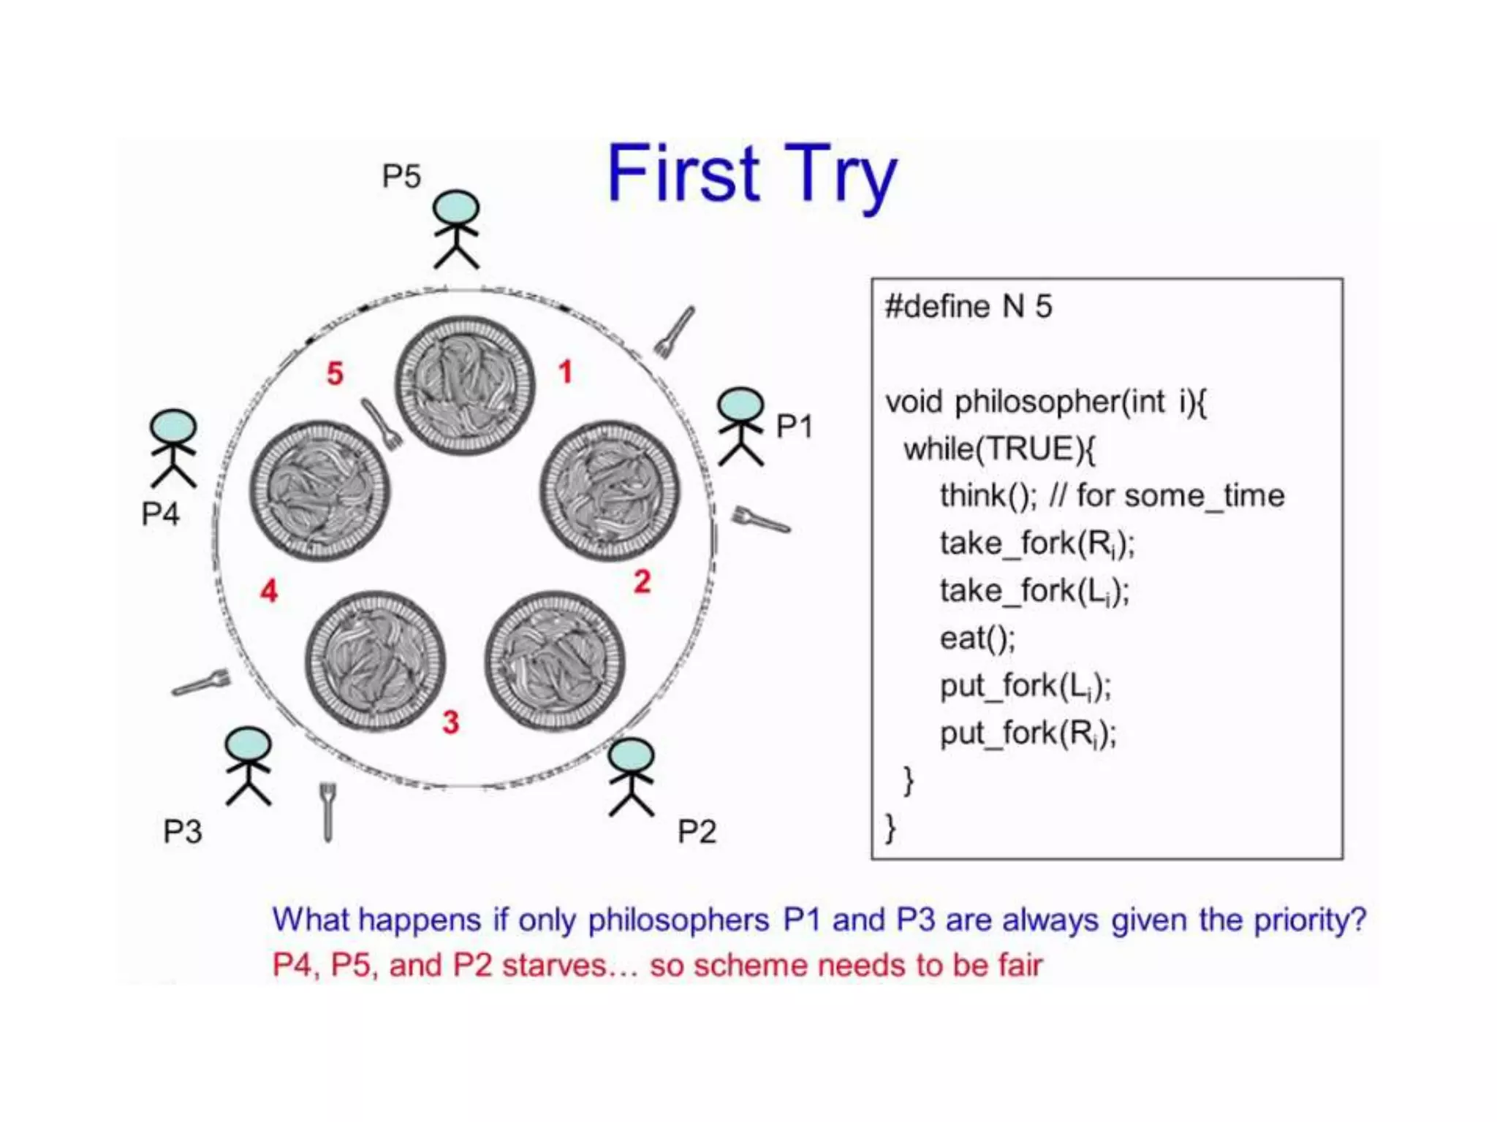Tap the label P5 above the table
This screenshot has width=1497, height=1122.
pos(401,176)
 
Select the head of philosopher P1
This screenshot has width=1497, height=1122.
pos(740,404)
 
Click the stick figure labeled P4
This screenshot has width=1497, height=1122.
pos(173,449)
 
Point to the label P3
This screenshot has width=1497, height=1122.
pos(182,831)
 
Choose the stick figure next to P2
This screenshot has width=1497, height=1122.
pos(632,777)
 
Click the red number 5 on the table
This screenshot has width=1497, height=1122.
pos(335,373)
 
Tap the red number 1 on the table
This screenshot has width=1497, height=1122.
pos(565,372)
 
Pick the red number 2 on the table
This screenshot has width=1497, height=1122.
pos(642,581)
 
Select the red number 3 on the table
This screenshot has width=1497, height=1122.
pos(451,722)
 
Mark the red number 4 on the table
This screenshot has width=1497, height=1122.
pos(269,590)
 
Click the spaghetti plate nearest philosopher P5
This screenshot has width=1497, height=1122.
pos(465,385)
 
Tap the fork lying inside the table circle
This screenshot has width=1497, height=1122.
pos(381,424)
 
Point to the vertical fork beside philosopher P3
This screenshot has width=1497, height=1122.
pos(327,812)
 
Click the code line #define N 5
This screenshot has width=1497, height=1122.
pos(969,306)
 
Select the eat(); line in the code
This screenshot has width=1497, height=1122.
pos(977,638)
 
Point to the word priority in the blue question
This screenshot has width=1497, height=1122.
pos(1309,920)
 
